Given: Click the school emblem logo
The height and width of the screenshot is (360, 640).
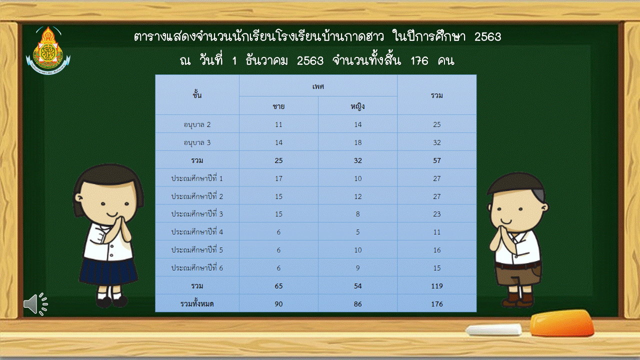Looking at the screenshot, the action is [x=48, y=50].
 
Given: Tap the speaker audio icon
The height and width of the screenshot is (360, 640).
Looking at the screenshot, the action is [x=35, y=304].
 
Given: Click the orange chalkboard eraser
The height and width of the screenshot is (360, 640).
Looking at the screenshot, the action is [x=561, y=322].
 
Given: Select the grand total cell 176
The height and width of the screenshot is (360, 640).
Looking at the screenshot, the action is [x=437, y=304].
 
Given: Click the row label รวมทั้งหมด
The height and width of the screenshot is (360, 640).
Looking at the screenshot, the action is [x=197, y=304].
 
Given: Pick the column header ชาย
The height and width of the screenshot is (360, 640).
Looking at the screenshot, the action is [x=278, y=106].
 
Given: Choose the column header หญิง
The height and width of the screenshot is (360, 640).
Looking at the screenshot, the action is [x=357, y=106].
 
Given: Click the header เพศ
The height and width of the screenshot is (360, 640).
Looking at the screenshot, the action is [x=318, y=86].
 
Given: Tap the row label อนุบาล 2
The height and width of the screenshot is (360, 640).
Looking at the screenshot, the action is [x=197, y=125].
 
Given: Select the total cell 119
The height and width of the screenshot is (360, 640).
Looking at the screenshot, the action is [x=437, y=286].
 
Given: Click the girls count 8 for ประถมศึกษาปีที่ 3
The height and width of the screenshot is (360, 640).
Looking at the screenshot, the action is [x=357, y=214].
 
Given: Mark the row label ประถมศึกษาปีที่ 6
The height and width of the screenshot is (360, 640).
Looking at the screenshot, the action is [x=197, y=267].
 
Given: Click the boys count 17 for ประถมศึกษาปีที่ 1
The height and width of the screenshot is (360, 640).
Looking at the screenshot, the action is [x=278, y=178].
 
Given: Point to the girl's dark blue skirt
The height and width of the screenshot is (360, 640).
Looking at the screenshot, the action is [x=108, y=271].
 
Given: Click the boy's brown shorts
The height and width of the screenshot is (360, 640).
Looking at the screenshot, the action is [x=517, y=275].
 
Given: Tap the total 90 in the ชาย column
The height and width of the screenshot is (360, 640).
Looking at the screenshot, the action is [x=278, y=304].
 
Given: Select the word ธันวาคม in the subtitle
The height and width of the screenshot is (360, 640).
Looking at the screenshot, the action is [x=266, y=61].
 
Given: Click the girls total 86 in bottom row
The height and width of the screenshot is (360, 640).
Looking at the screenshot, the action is [x=357, y=304].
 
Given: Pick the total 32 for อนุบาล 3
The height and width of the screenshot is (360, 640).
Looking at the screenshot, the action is [x=437, y=142].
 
